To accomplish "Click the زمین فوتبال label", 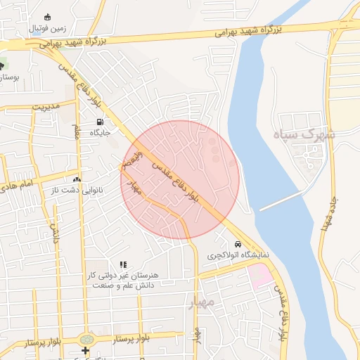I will click(x=47, y=29).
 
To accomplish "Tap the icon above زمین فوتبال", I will click(x=47, y=17).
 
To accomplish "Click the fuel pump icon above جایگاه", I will click(x=98, y=121).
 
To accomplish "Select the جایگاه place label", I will click(x=98, y=132).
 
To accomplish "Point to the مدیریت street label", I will click(x=47, y=107).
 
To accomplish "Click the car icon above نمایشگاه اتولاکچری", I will click(x=238, y=244).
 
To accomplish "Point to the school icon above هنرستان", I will click(x=123, y=264).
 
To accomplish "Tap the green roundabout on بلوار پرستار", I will click(x=86, y=339).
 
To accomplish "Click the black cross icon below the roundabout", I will click(x=86, y=350).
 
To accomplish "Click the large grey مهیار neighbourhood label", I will click(x=200, y=303).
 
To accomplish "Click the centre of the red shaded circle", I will click(x=180, y=179).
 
